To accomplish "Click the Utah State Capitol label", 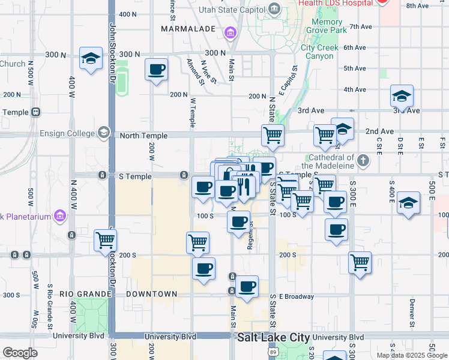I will click(x=231, y=9).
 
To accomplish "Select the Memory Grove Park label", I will click(x=327, y=26).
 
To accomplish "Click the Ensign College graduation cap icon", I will click(x=104, y=133).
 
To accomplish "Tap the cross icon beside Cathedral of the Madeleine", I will click(x=363, y=160).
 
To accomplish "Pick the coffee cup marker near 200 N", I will click(x=156, y=70).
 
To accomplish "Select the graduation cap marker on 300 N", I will click(x=91, y=58).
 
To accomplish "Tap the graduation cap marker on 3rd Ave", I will click(x=402, y=96).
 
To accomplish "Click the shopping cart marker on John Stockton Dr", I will click(x=106, y=241).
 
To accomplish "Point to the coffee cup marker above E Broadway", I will click(x=247, y=287).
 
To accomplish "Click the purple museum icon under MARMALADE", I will click(x=230, y=31).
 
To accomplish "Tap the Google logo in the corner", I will click(x=20, y=353).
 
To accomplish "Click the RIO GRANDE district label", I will click(x=85, y=294).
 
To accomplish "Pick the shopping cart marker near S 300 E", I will click(x=360, y=262).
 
